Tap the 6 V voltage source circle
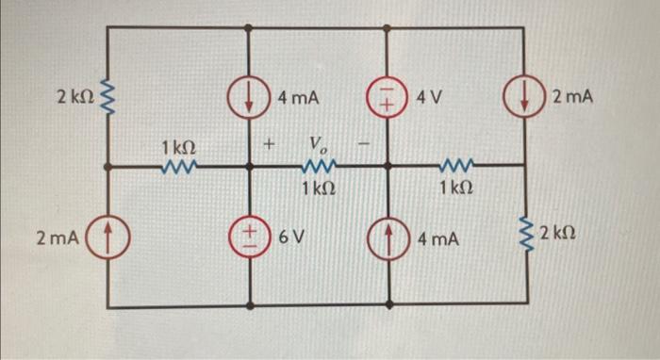click(251, 234)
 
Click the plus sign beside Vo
click(270, 145)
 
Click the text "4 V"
click(429, 97)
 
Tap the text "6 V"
click(291, 235)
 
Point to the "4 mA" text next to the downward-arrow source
click(299, 97)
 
